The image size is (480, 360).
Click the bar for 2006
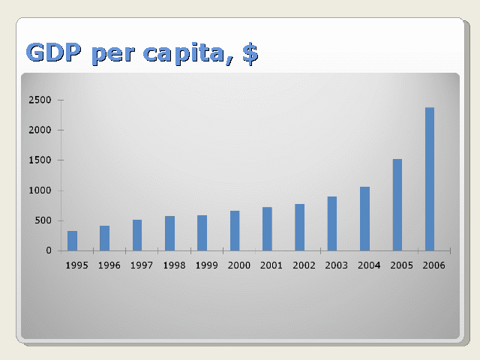pos(430,179)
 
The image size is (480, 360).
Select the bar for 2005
pos(397,205)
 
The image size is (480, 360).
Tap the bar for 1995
pos(72,241)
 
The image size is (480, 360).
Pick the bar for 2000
pos(235,231)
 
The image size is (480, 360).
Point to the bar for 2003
pos(332,223)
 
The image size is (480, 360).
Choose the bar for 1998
pos(170,233)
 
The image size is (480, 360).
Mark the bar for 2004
pos(364,219)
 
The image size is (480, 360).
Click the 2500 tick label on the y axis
pos(40,100)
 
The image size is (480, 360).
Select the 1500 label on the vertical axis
pos(40,160)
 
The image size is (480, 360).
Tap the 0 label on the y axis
pos(49,250)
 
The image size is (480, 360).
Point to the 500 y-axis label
pos(43,220)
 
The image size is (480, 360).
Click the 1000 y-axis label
pos(40,190)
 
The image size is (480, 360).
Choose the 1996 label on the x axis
pos(109,265)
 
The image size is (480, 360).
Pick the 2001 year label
pos(271,265)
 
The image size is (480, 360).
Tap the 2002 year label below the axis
pos(304,265)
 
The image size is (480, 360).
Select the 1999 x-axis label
pos(207,265)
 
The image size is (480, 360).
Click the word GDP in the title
pos(54,52)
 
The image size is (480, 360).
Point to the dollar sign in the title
pos(250,53)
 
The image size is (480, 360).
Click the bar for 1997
pos(137,235)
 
